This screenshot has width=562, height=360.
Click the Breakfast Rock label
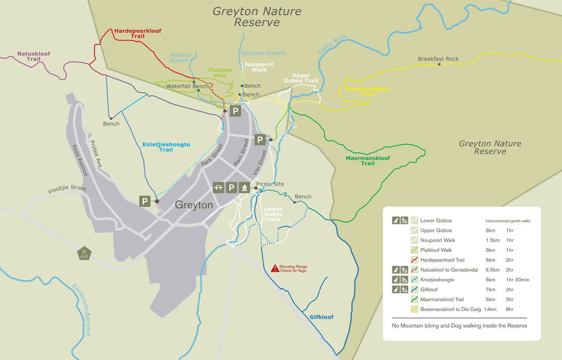point(438,59)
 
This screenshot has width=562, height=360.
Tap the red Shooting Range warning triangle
point(275,268)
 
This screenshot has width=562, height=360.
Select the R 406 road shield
point(84,254)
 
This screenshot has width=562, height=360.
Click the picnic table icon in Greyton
point(218,187)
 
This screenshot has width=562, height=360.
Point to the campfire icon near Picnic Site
point(244,187)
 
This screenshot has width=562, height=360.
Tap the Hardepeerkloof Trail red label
point(138,33)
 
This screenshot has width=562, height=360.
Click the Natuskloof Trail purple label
point(33,56)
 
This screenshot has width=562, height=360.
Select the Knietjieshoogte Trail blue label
point(166,147)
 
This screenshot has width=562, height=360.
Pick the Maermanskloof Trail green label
point(368,161)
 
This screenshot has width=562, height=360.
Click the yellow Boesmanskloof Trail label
point(367,91)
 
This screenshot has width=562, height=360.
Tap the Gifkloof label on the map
point(321,317)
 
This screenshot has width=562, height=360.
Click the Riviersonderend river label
point(82,309)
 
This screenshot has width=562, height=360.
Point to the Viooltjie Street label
point(67,189)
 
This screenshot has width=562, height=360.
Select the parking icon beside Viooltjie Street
point(145,201)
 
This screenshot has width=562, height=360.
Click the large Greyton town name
point(194,205)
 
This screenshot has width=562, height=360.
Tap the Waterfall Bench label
point(187,86)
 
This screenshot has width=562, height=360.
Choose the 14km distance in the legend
point(490,309)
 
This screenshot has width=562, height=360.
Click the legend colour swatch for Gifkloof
point(414,290)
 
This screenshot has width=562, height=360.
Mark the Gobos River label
point(332,45)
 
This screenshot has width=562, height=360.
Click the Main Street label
point(241,152)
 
